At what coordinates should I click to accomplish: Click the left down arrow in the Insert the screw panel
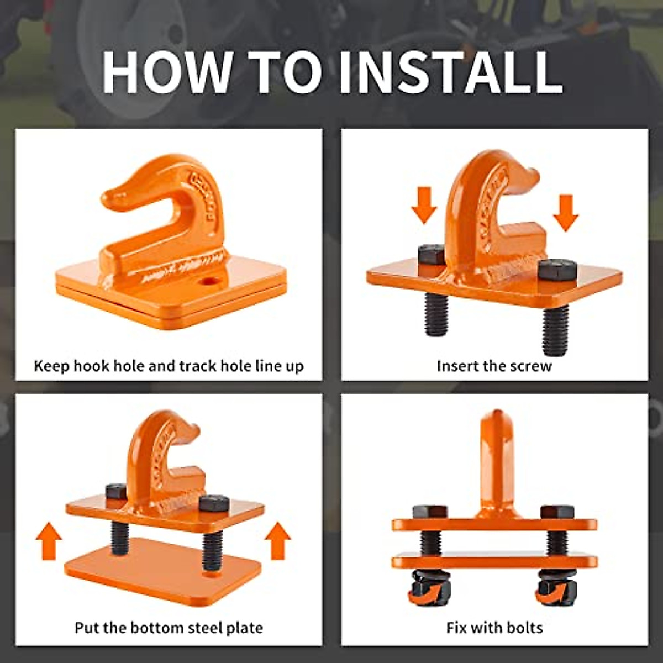pos(424,206)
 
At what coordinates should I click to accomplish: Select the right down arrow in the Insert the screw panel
pos(566,213)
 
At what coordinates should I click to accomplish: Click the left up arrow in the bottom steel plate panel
pos(49,541)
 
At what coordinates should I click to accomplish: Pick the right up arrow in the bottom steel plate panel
pos(278,541)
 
